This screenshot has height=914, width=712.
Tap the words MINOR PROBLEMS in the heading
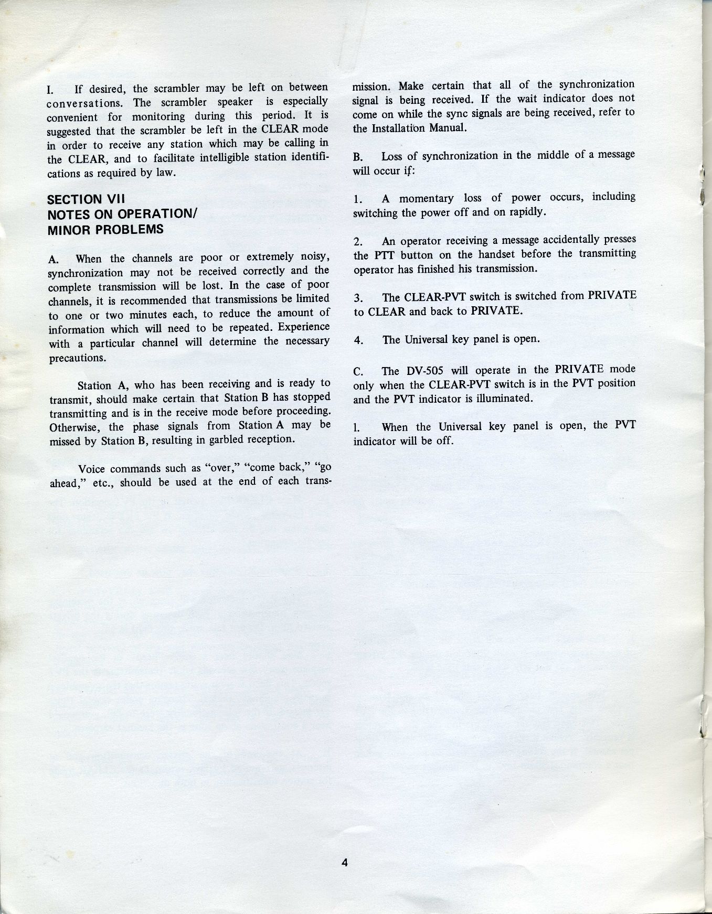(x=105, y=229)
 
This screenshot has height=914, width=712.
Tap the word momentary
(x=427, y=198)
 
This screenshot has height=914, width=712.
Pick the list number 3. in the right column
(x=358, y=298)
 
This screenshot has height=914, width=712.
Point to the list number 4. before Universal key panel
(x=358, y=340)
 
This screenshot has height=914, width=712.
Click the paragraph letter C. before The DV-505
(x=358, y=372)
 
